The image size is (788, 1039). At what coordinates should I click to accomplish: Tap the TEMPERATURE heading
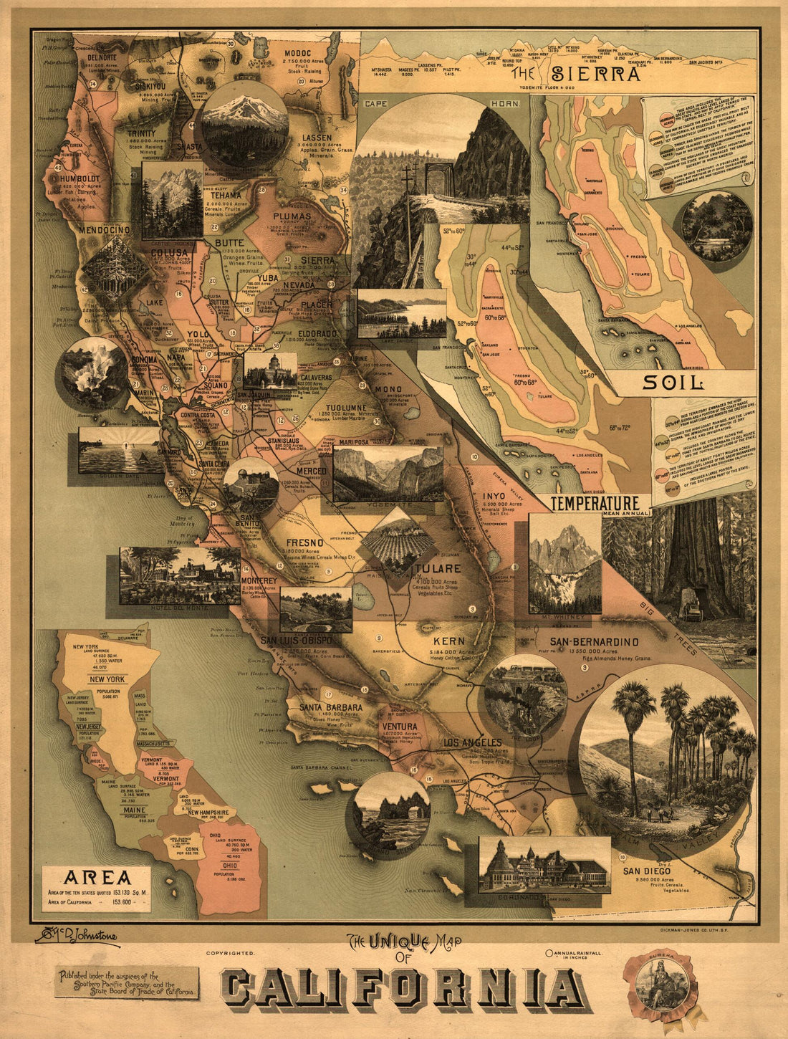[594, 503]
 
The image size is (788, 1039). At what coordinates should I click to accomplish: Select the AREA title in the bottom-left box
[97, 878]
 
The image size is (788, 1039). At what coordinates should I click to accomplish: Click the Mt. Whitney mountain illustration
[564, 564]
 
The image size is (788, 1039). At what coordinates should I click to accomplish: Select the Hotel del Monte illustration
[180, 575]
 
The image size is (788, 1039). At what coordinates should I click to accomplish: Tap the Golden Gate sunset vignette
[120, 450]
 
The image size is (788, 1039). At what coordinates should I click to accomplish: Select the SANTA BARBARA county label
[331, 707]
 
